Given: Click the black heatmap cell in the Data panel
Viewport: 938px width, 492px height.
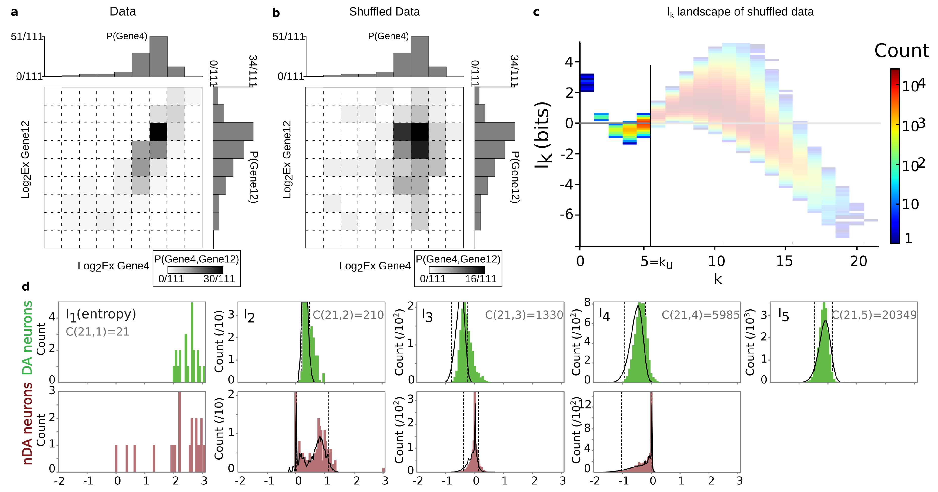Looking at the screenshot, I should [158, 132].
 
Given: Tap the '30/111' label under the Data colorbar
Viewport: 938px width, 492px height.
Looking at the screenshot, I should [219, 279].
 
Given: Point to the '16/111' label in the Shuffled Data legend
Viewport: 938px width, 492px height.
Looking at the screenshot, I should [480, 279].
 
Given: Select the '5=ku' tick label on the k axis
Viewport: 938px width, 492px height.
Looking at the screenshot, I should [656, 261].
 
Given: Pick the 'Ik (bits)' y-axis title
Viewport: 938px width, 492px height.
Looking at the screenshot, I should [542, 135].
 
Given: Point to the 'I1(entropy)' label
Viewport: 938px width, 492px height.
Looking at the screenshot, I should [101, 314].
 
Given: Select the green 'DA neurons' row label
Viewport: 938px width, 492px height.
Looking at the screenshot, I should [27, 338].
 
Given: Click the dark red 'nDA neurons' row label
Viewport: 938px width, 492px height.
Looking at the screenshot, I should [27, 423].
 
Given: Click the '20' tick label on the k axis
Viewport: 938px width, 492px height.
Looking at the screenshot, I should [858, 261].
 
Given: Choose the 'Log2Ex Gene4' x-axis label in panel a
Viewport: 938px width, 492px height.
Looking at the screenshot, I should [113, 266].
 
